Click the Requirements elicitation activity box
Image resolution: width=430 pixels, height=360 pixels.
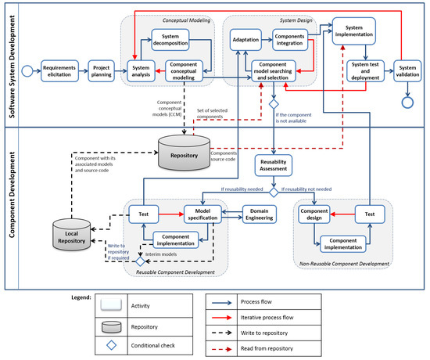59,71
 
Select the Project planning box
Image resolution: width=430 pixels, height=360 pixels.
101,71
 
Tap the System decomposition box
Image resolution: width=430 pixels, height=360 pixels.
170,40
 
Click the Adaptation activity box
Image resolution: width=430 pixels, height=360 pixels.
245,40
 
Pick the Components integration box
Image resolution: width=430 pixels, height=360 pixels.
290,40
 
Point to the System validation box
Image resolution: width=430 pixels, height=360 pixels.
407,71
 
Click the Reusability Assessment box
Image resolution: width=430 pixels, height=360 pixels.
274,165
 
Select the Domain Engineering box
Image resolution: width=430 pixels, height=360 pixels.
260,214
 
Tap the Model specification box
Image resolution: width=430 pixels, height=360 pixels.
202,214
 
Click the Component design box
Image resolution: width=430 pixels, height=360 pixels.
314,214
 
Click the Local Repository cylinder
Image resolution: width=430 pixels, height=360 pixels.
72,235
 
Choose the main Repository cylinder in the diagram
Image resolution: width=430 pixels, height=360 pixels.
185,153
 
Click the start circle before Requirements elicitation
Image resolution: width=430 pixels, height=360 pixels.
27,71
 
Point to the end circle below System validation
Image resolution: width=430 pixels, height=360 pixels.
407,103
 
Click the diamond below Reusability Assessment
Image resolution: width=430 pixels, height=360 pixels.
274,193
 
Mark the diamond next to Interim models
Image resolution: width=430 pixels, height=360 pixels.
141,261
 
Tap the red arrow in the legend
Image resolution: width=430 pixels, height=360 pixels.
221,318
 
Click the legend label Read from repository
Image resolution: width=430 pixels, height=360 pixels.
267,348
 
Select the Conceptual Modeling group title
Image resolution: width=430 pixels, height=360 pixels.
187,20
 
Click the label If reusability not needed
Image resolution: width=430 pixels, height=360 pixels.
306,189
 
